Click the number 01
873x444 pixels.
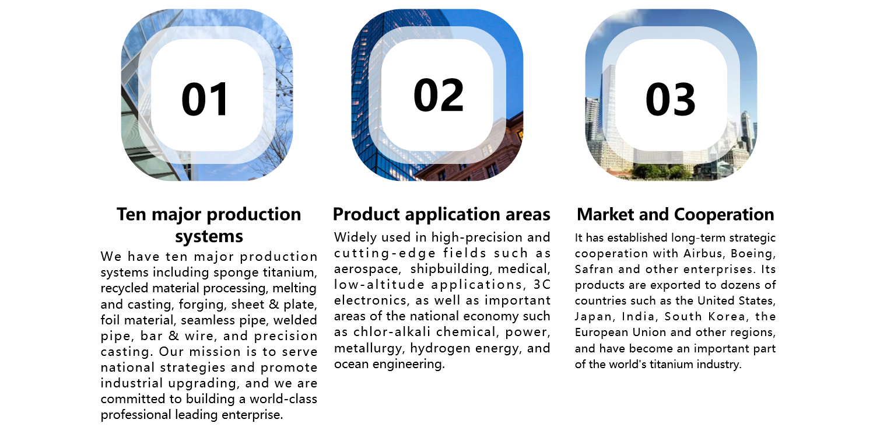click(205, 99)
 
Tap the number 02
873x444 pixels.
click(439, 95)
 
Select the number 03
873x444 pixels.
click(670, 99)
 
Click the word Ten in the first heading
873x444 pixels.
click(131, 214)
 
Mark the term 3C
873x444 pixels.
click(542, 285)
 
